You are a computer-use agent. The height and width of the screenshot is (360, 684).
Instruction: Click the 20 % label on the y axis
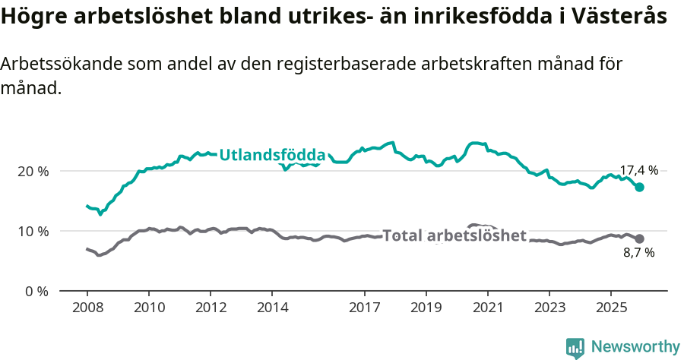pos(33,172)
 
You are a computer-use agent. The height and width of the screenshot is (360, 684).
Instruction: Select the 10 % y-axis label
pos(33,232)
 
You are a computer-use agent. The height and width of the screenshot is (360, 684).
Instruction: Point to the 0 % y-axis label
pos(37,292)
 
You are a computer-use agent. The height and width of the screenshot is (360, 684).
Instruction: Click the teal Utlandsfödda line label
pos(272,155)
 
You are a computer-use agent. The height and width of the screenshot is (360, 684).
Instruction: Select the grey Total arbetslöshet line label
pos(454,235)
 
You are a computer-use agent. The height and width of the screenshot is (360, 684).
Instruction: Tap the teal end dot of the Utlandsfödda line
pos(639,188)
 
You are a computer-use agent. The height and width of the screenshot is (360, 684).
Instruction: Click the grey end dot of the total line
pos(639,238)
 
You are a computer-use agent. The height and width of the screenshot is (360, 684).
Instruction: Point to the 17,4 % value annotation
pos(638,171)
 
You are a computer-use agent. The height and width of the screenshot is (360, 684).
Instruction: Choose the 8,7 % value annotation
pos(638,253)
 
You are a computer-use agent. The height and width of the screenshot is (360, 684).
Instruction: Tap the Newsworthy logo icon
pos(575,348)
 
